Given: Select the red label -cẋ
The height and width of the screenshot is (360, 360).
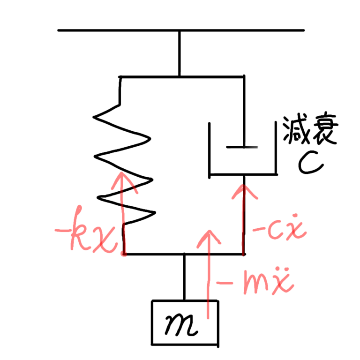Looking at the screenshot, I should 279,229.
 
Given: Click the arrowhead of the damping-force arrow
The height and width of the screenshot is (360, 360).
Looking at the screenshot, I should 244,190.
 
